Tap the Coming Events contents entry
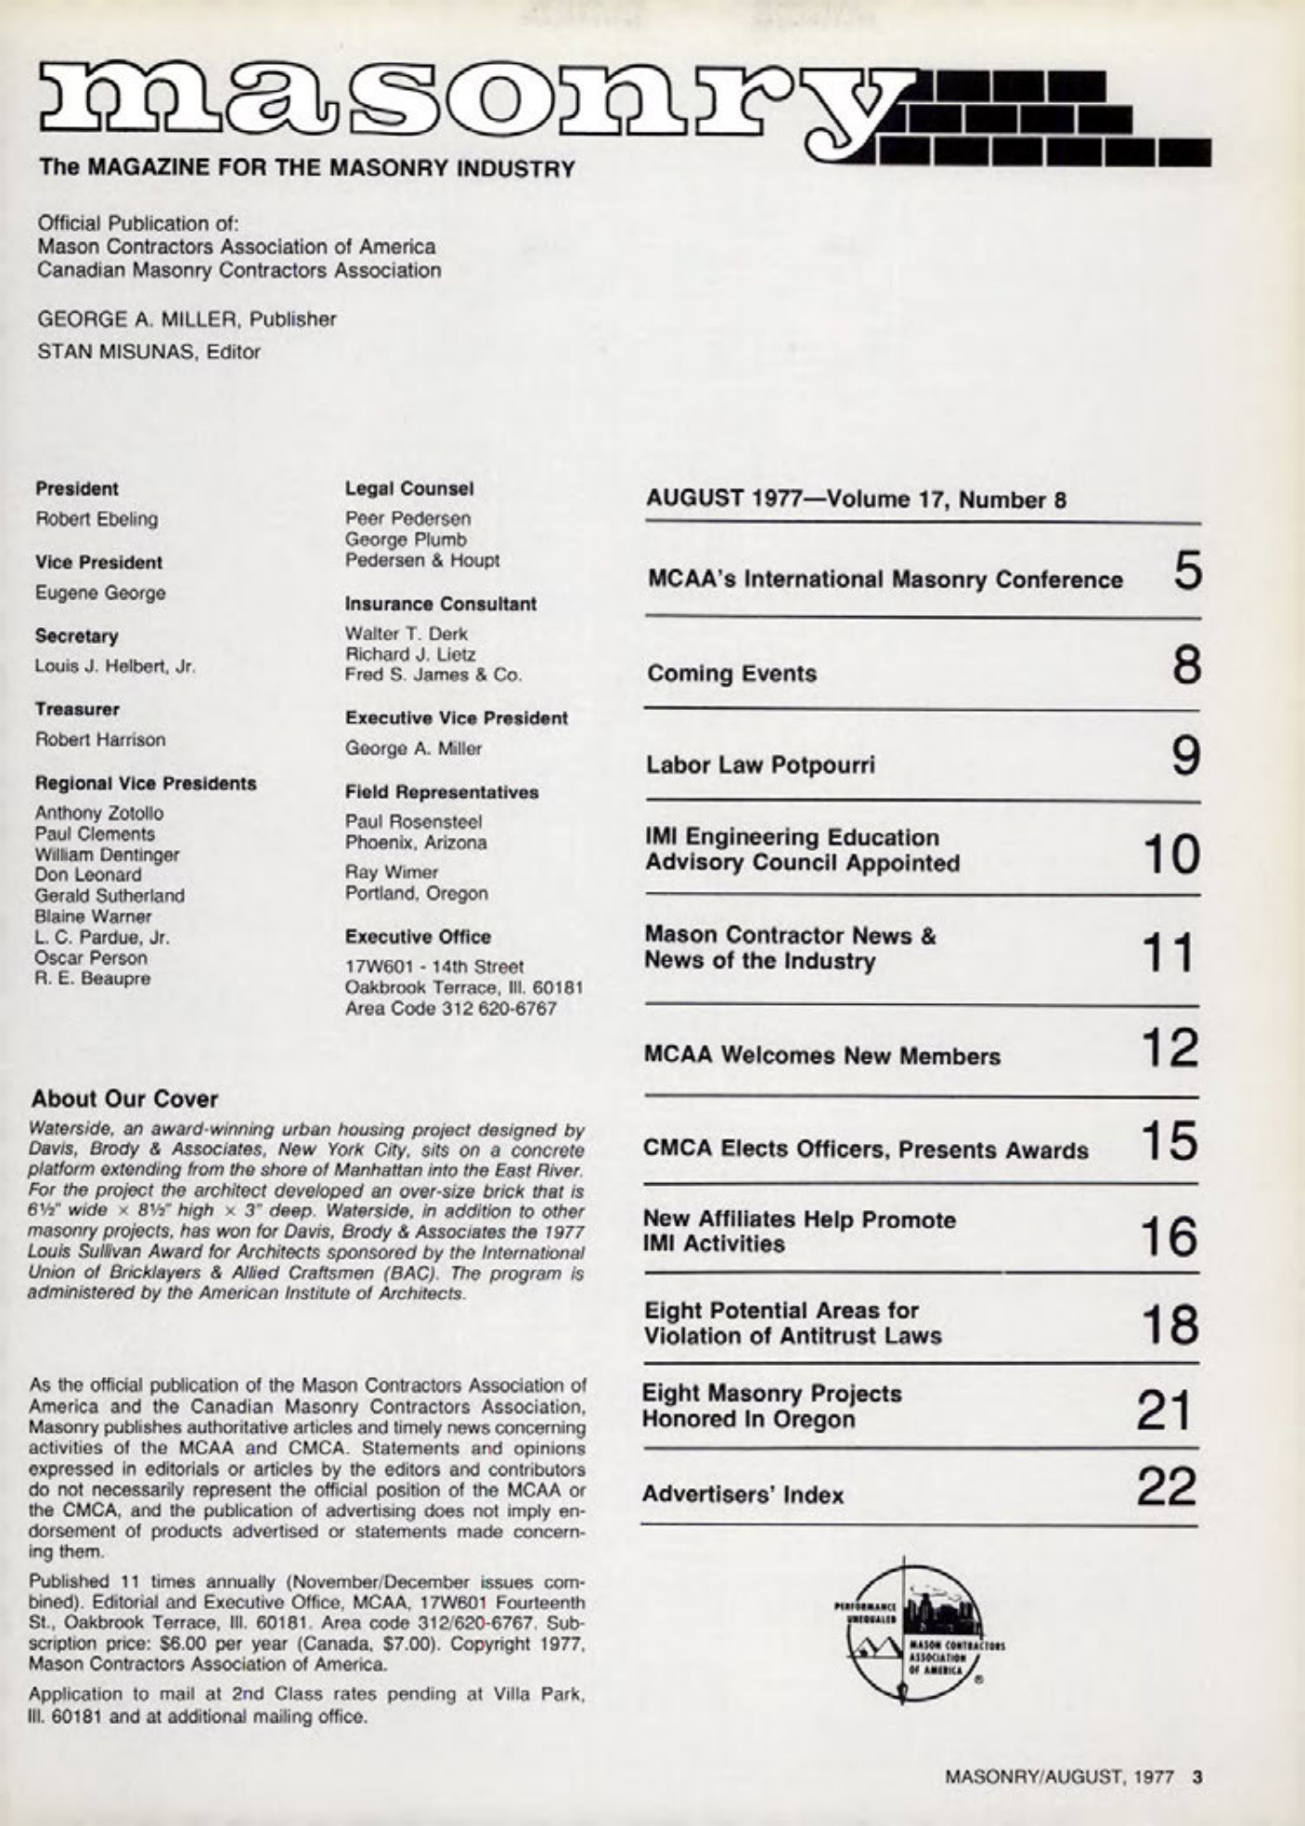tap(731, 674)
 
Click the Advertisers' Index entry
tap(743, 1495)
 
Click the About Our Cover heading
tap(124, 1099)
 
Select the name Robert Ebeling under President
tap(97, 519)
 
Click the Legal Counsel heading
tap(408, 488)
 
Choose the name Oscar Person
tap(90, 958)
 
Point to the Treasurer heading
tap(77, 710)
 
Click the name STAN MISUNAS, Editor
tap(149, 353)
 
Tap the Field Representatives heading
tap(441, 792)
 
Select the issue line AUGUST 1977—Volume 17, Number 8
tap(856, 500)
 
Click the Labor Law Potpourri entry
tap(760, 765)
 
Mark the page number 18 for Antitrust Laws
tap(1169, 1324)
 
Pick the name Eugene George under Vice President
tap(100, 593)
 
